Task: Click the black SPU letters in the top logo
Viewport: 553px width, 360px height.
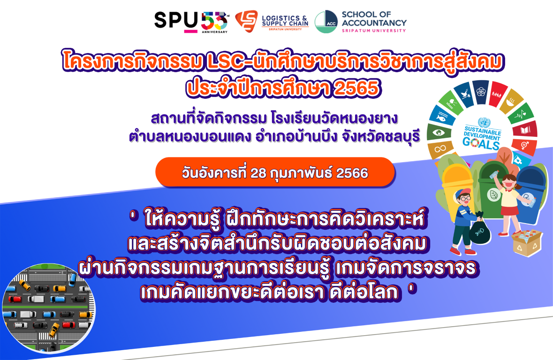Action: tap(176, 21)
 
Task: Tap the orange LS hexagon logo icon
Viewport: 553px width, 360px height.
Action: tap(246, 21)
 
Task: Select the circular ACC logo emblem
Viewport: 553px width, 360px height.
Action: tap(326, 22)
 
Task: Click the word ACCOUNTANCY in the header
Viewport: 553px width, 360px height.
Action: tap(374, 23)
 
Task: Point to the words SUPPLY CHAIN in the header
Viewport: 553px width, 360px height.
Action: tap(285, 23)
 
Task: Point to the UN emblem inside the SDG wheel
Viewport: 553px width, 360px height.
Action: tap(484, 122)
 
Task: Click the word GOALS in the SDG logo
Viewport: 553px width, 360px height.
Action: tap(481, 143)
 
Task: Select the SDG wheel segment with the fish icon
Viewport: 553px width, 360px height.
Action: tap(442, 116)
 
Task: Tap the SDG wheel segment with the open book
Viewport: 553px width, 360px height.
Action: tap(525, 130)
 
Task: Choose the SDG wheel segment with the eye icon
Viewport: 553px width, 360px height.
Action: tap(439, 133)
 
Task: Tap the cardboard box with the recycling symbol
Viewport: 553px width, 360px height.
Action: tap(527, 242)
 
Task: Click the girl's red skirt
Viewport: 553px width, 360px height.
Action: tap(508, 210)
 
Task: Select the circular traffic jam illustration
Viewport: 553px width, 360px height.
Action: tap(49, 308)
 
